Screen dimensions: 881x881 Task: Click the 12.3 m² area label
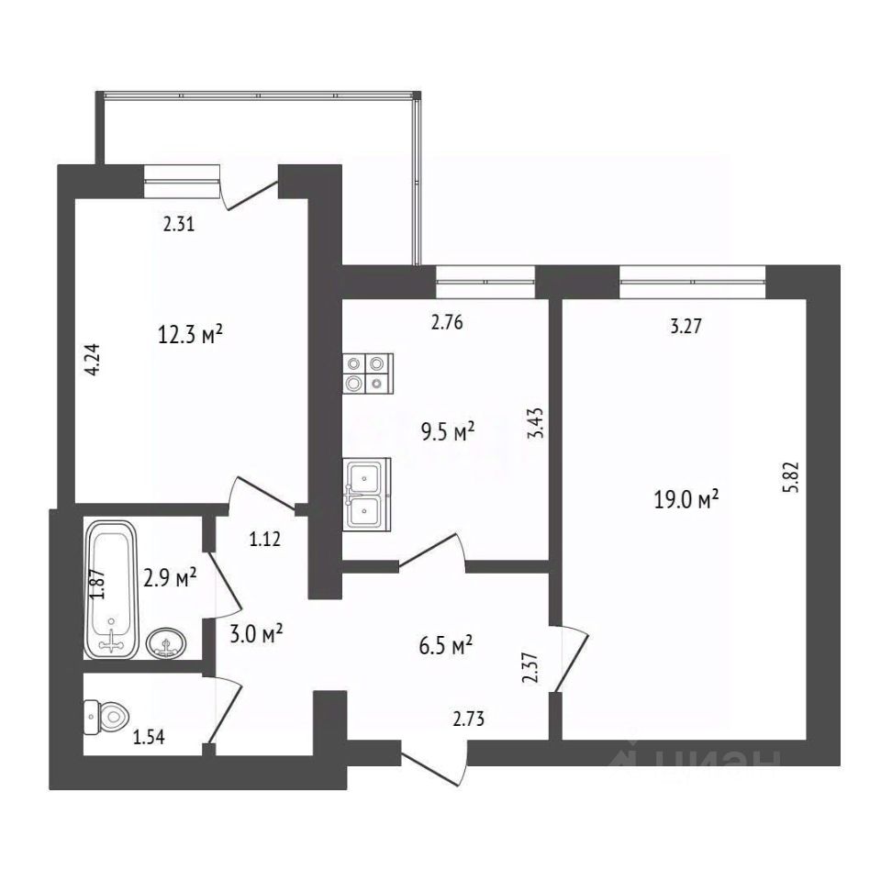[x=190, y=336]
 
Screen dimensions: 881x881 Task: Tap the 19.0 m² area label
[x=686, y=498]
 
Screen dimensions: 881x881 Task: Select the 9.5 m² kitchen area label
[x=448, y=432]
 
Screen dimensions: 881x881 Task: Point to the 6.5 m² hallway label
[x=446, y=645]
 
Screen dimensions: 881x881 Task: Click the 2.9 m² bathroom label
[x=170, y=577]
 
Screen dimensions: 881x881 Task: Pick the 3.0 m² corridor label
[x=256, y=634]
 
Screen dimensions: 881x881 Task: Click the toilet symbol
[x=106, y=717]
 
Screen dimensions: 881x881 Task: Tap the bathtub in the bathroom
[x=111, y=590]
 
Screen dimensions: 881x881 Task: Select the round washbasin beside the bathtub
[x=167, y=643]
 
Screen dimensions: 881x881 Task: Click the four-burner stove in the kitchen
[x=368, y=374]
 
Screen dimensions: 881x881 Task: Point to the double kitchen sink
[x=367, y=495]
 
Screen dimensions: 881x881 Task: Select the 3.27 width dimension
[x=686, y=327]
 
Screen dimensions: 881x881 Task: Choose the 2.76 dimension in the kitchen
[x=447, y=323]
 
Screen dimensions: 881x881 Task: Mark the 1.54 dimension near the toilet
[x=149, y=737]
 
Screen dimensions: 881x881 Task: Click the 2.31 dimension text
[x=179, y=225]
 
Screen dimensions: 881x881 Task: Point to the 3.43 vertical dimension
[x=537, y=422]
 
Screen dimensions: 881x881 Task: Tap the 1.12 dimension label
[x=264, y=540]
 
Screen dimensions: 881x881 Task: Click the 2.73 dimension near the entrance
[x=469, y=719]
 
